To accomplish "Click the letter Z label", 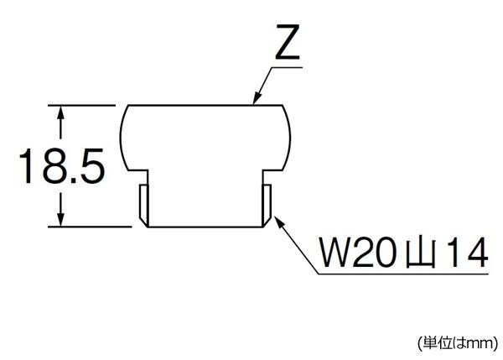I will tap(286, 43).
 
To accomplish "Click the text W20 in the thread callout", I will tap(352, 252).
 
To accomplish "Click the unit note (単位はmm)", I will tap(457, 342).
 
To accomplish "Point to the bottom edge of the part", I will tap(205, 225).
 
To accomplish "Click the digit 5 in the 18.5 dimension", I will tap(92, 168).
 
